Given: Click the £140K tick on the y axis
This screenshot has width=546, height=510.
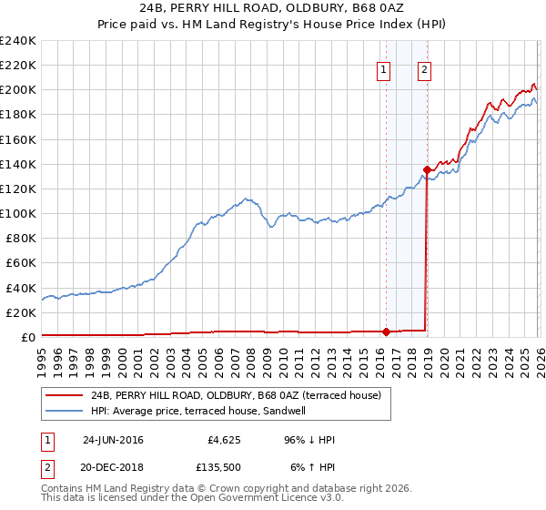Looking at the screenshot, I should [18, 164].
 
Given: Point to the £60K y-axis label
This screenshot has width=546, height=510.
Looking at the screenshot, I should [20, 262].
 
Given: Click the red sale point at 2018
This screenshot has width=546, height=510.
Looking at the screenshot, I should [427, 169].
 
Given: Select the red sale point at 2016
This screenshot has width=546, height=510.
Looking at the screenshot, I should [386, 331].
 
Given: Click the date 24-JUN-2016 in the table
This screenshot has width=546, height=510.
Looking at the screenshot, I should [113, 439].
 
